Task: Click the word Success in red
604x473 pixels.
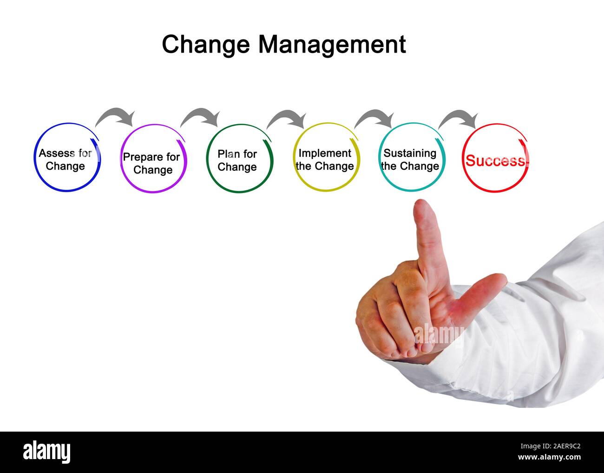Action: point(495,161)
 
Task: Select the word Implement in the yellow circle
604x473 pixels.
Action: point(325,153)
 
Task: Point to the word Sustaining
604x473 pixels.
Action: point(410,153)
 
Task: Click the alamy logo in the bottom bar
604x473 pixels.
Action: point(47,452)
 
